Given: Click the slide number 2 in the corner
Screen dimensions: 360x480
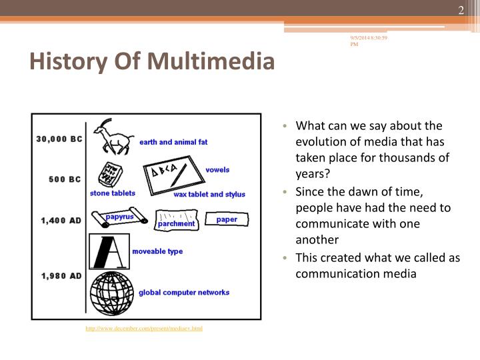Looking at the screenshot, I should pos(460,9).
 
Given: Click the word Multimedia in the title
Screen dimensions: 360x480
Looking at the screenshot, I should pos(211,62).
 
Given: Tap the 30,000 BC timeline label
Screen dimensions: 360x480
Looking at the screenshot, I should pos(59,139).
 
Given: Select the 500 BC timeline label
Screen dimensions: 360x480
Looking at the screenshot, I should pos(65,179).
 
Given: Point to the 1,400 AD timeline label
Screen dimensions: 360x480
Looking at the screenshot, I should pos(61,220).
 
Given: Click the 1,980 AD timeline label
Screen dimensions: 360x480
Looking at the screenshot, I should pos(61,275).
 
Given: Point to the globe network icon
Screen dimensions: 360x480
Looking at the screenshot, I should pos(112,292).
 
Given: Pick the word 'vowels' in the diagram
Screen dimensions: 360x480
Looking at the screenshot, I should pos(217,170).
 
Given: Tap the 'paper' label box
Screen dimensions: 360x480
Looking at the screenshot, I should pos(227,219).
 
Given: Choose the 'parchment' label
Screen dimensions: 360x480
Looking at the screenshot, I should pos(176,224).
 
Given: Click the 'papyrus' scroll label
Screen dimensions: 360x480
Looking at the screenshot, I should pos(119,217).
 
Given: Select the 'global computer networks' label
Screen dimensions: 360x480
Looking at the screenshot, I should pos(183,292).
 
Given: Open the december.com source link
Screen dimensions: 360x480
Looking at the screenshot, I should pos(143,329).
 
